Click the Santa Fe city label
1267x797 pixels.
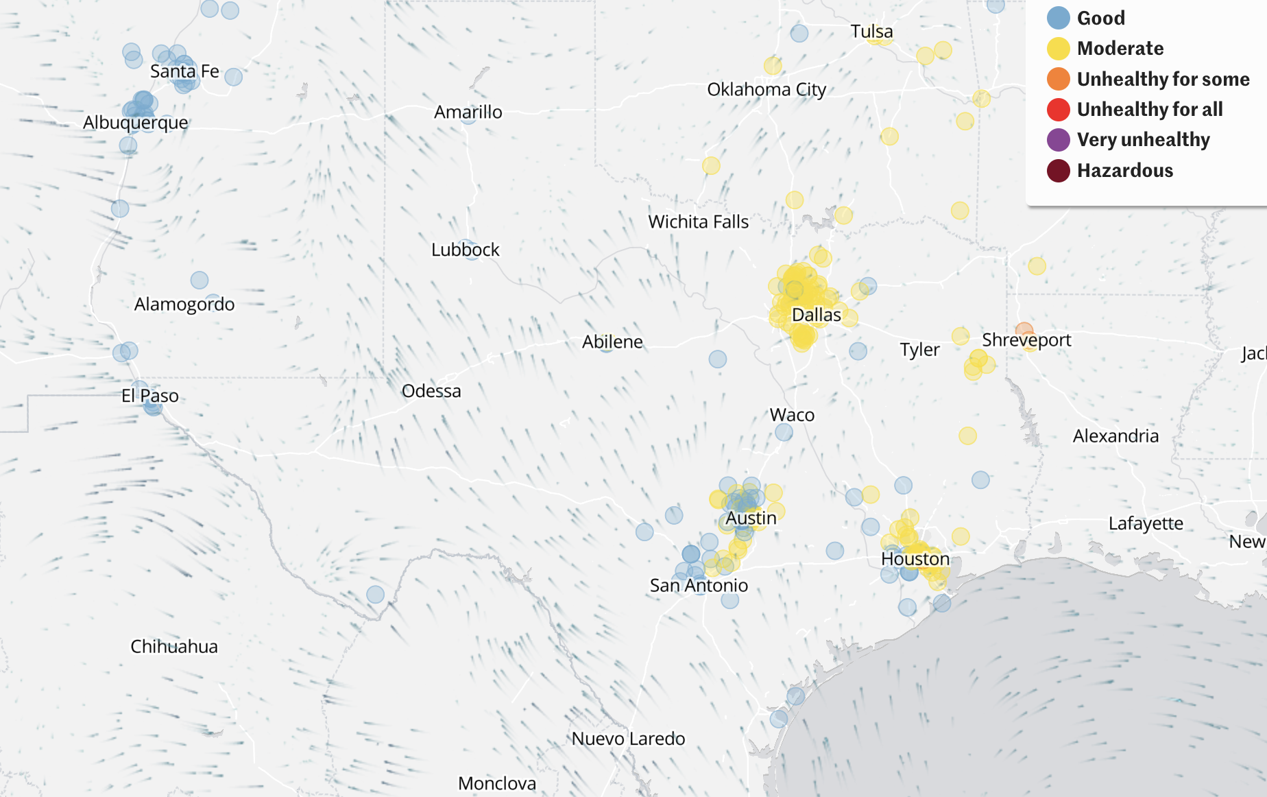pos(184,71)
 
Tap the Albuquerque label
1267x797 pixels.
pos(135,123)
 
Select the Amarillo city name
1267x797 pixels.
pos(468,112)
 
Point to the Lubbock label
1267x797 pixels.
pos(465,250)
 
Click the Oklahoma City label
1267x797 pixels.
pos(766,90)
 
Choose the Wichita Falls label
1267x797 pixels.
pos(698,222)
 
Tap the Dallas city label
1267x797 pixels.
pos(816,315)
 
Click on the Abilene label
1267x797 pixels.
pos(612,342)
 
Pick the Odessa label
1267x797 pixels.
pos(431,391)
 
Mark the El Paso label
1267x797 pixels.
pos(149,396)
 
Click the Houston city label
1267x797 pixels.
pos(915,559)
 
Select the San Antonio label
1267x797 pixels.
pos(699,585)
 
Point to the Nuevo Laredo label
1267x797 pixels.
pos(628,739)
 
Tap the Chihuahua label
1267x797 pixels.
pos(174,646)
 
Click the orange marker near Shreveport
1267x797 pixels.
pos(1024,331)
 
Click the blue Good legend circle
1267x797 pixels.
pos(1058,18)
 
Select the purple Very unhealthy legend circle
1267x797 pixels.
pos(1058,140)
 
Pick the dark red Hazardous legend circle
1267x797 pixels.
pos(1058,171)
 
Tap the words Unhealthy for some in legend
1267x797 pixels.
pos(1163,79)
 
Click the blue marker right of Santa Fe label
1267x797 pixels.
pos(234,77)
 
